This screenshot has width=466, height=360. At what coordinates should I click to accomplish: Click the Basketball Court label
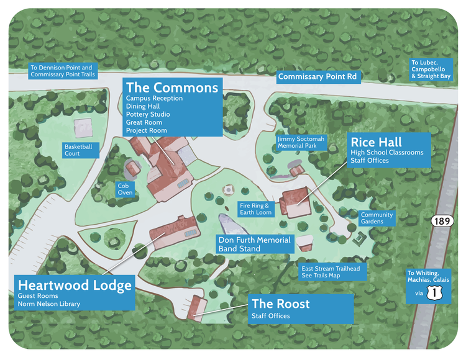tap(78, 150)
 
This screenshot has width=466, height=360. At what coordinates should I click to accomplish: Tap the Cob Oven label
tap(125, 189)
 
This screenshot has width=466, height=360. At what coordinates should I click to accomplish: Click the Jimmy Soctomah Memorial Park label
tap(301, 143)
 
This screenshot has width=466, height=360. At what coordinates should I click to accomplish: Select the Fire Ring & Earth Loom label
tap(255, 209)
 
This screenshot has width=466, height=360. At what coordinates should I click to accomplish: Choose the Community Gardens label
tap(377, 218)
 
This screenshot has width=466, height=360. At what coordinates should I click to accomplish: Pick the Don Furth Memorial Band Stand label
tap(255, 244)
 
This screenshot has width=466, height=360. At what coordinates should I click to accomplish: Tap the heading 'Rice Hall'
tap(376, 142)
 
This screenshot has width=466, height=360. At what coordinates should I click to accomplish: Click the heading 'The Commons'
tap(172, 87)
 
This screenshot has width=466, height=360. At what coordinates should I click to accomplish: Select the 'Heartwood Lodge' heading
tap(75, 286)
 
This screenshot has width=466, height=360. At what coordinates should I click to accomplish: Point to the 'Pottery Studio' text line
tap(148, 115)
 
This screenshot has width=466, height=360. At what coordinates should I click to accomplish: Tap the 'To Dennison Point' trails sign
tap(62, 71)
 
